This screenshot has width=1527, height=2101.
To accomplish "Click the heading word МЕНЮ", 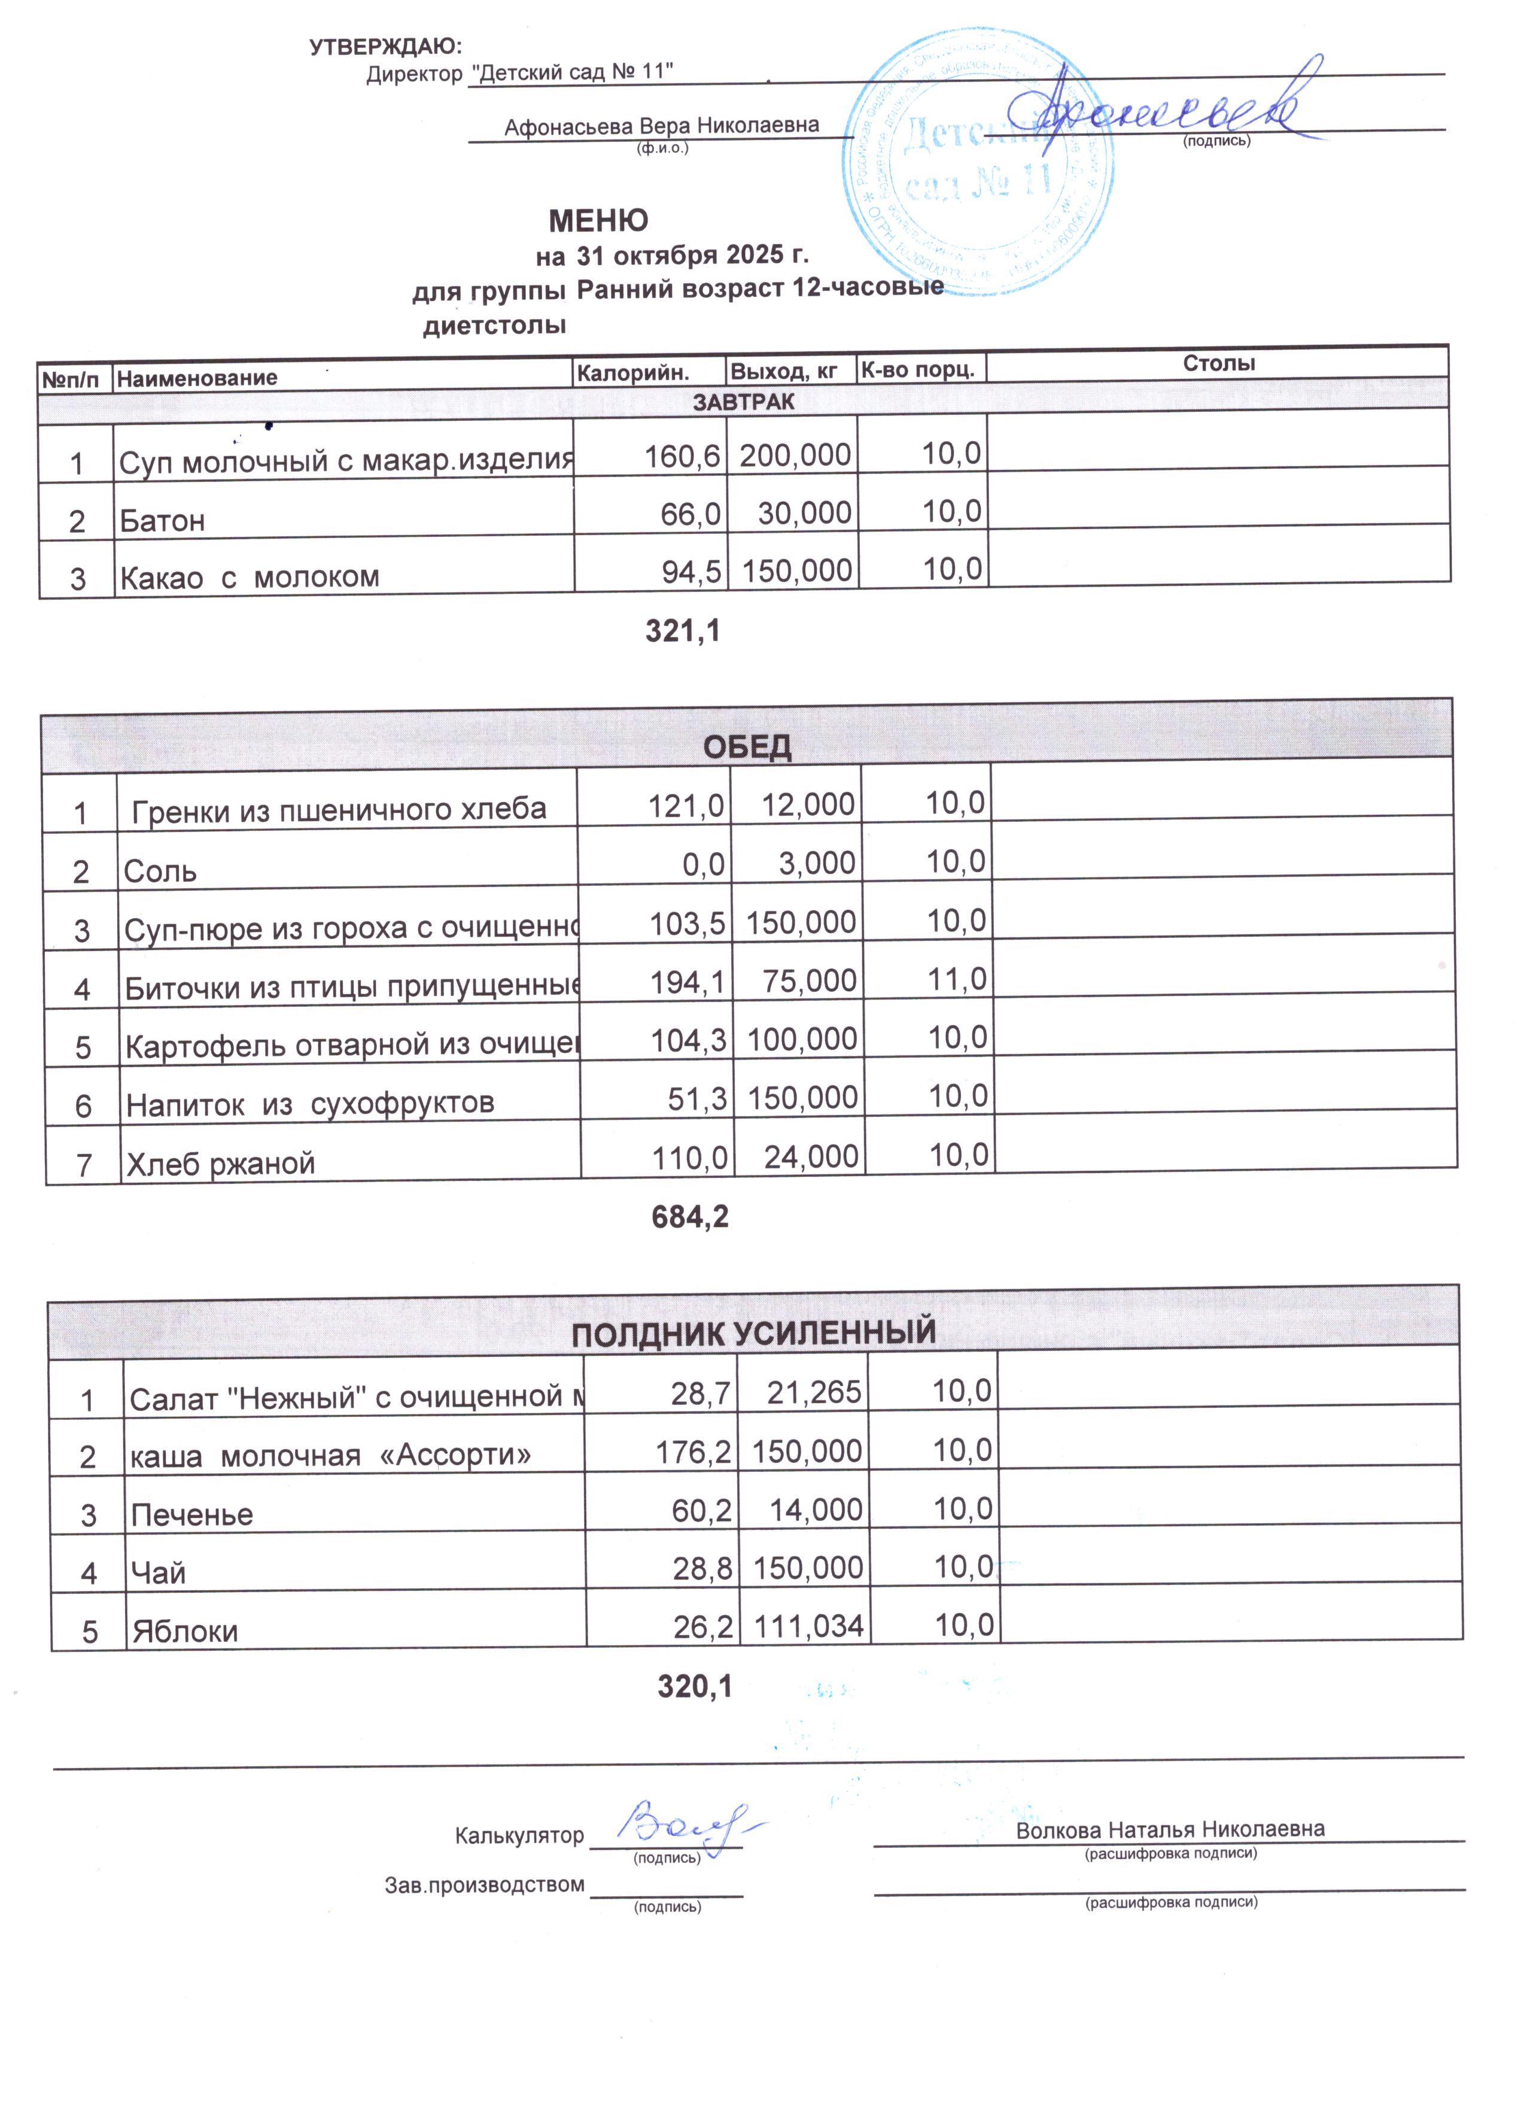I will (598, 220).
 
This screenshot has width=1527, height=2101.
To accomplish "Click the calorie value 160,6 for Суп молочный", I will (683, 456).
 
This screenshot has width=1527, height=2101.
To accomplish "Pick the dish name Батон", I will (162, 521).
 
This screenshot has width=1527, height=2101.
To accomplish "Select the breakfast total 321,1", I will (683, 631).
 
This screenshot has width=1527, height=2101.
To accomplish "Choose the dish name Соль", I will (160, 872).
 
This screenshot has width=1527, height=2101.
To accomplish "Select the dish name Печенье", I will (191, 1514).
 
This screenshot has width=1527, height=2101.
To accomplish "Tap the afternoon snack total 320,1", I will (695, 1687).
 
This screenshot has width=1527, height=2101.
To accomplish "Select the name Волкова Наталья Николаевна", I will (1170, 1830).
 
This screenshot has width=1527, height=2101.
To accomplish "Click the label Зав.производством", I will (484, 1885).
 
